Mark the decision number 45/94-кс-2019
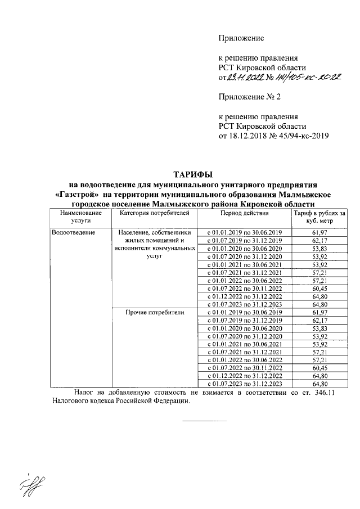point(300,136)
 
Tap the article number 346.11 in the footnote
point(323,392)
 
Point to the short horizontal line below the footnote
point(204,420)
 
